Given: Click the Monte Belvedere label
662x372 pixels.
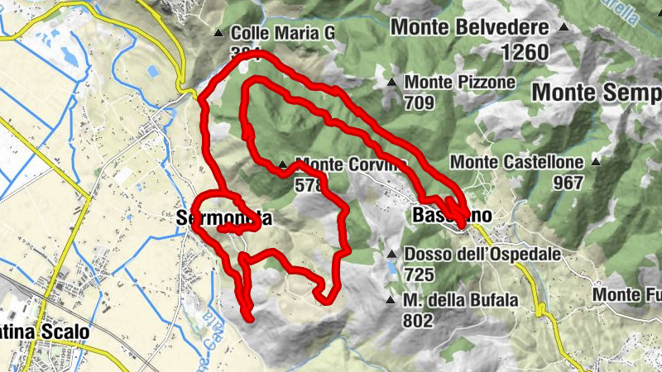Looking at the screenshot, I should (469, 27).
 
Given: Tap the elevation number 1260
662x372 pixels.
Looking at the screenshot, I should (524, 52).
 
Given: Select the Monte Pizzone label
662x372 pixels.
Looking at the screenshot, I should (460, 83).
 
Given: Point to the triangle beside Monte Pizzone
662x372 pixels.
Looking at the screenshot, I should (391, 82).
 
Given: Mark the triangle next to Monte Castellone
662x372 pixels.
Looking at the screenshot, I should (595, 162).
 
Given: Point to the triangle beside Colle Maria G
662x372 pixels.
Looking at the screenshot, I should (218, 33).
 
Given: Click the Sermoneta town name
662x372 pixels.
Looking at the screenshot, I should (224, 219).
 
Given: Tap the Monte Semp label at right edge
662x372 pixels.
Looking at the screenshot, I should (596, 92).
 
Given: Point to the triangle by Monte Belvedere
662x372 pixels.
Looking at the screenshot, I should (564, 27).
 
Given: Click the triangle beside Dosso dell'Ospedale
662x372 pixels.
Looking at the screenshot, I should (391, 254).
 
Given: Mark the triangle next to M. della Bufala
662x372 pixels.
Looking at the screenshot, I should (391, 300).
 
